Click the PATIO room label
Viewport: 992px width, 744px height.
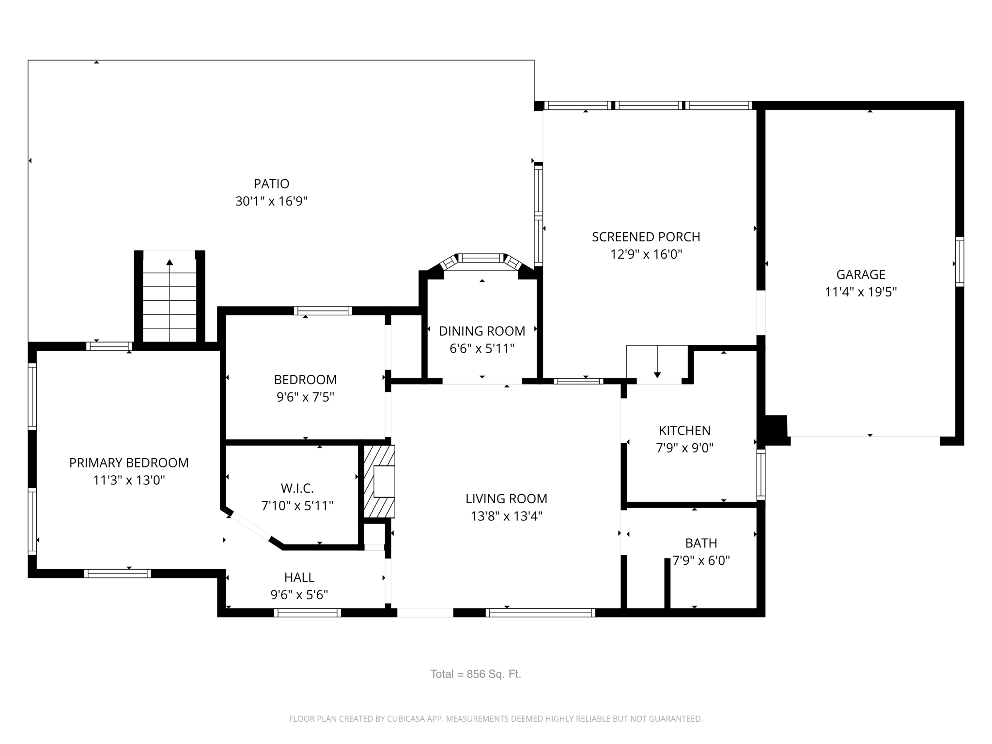pyautogui.click(x=271, y=184)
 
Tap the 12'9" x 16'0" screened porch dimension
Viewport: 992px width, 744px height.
pyautogui.click(x=646, y=254)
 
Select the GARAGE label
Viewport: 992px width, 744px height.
pyautogui.click(x=860, y=275)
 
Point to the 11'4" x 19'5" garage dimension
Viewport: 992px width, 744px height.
pyautogui.click(x=860, y=292)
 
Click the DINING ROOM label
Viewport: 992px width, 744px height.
pyautogui.click(x=481, y=331)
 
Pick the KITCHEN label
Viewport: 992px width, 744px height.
pyautogui.click(x=684, y=430)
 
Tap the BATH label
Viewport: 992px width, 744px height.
pyautogui.click(x=700, y=543)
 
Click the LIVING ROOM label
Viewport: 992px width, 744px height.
pyautogui.click(x=506, y=498)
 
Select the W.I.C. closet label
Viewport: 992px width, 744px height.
pyautogui.click(x=297, y=488)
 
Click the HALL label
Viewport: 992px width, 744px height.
pyautogui.click(x=299, y=577)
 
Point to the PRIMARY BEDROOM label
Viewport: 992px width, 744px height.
pyautogui.click(x=129, y=463)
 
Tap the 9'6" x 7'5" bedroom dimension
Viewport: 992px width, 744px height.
pyautogui.click(x=305, y=397)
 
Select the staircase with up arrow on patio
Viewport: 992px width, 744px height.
pyautogui.click(x=170, y=300)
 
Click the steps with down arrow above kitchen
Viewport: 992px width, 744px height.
pyautogui.click(x=657, y=362)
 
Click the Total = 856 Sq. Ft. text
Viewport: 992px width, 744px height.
pyautogui.click(x=475, y=674)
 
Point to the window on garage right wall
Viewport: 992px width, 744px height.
pyautogui.click(x=959, y=262)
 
